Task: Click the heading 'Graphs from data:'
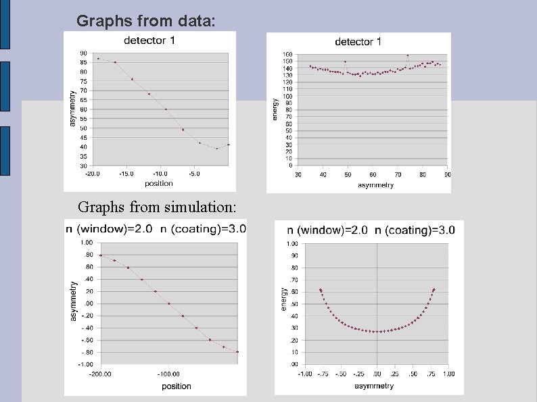[x=147, y=21]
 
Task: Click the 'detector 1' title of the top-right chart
[x=358, y=42]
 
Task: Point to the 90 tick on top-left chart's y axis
[x=83, y=53]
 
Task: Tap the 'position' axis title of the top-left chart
[x=158, y=183]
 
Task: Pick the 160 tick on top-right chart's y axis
[x=287, y=54]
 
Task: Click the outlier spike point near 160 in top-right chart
[x=407, y=55]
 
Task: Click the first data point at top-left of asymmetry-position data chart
[x=98, y=59]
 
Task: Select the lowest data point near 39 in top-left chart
[x=217, y=149]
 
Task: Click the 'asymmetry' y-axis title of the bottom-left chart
[x=74, y=301]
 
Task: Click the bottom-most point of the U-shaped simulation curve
[x=377, y=331]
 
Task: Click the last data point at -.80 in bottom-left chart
[x=237, y=351]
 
